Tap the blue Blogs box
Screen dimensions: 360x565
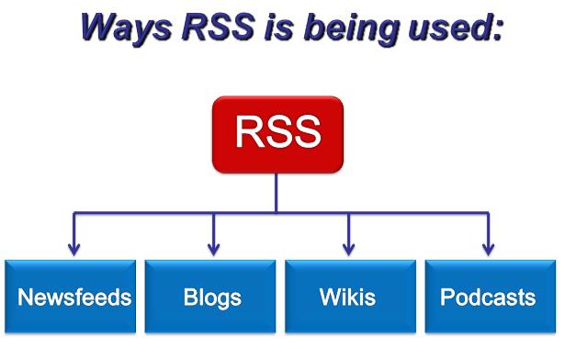click(211, 298)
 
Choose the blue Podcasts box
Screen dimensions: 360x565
click(487, 298)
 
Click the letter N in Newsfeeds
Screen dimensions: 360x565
click(24, 298)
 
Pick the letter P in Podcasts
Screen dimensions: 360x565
click(446, 298)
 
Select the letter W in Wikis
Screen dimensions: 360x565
click(328, 298)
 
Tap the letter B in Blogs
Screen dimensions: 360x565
click(187, 298)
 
